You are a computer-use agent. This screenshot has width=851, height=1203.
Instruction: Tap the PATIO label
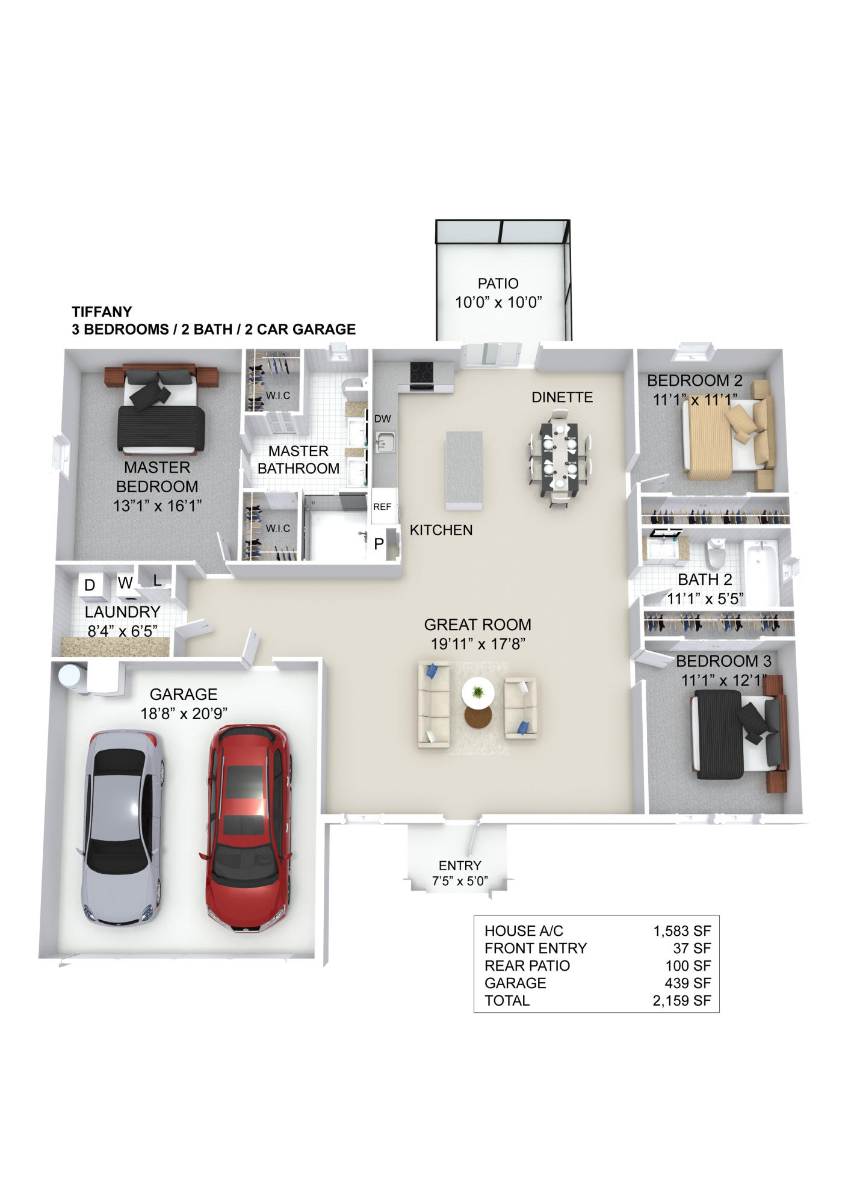tap(498, 283)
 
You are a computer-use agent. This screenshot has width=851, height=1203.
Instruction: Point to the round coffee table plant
tap(478, 691)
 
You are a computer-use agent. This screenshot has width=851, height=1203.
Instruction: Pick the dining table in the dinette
tap(559, 456)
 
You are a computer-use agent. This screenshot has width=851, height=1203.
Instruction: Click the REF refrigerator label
tap(382, 507)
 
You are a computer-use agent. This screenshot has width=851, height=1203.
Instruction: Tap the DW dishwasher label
tap(383, 419)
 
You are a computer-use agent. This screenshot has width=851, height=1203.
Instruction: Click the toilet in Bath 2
tap(715, 553)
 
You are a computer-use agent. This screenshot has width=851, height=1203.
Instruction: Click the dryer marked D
tap(90, 585)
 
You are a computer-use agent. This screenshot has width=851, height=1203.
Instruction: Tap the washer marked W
tap(125, 583)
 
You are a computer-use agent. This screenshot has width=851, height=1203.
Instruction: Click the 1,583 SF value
tap(682, 931)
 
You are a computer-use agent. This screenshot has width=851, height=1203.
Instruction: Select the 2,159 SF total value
tap(681, 1001)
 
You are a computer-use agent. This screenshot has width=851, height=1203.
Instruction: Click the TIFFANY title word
tap(102, 312)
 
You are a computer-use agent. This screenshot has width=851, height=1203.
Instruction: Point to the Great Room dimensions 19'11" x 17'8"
tap(478, 644)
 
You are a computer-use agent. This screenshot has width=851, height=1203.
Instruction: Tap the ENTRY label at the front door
tap(460, 865)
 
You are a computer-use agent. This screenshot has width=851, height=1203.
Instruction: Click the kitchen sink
tap(384, 444)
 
